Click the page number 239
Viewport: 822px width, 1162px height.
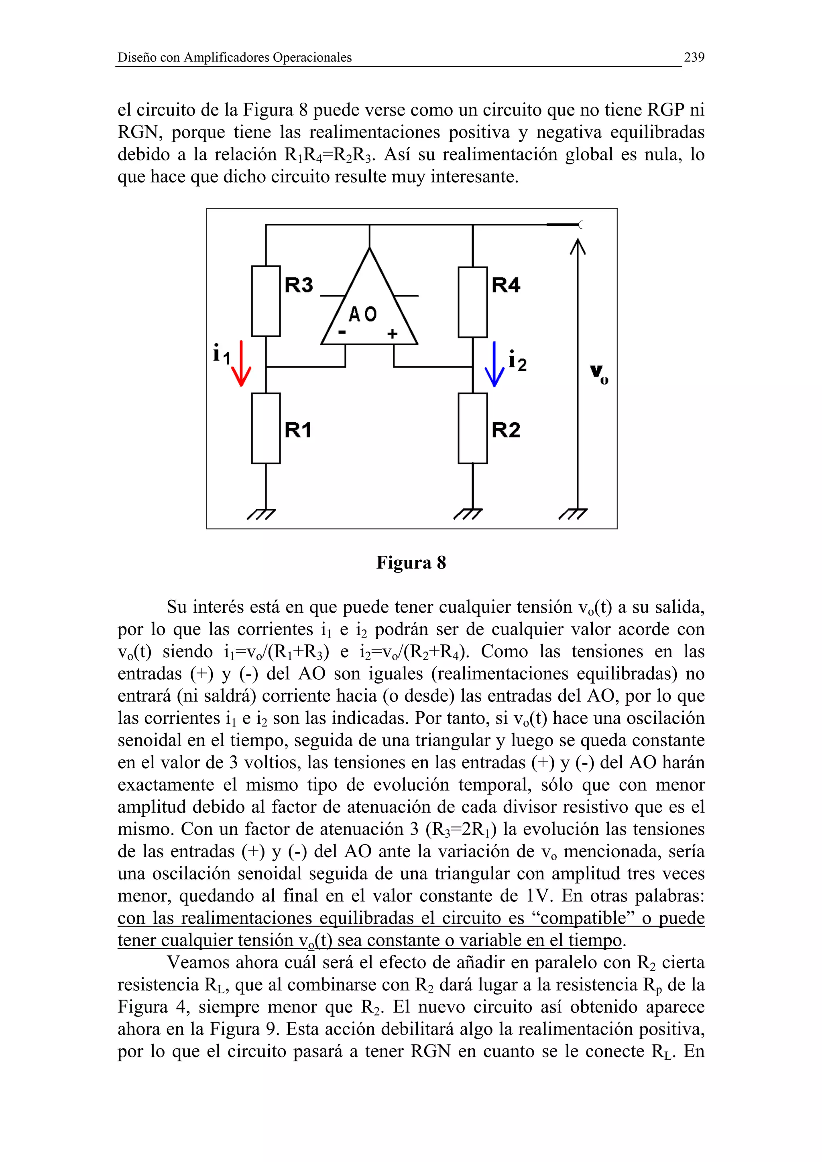coord(694,57)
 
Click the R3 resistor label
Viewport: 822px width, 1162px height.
coord(299,285)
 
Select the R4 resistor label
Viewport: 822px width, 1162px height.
coord(505,285)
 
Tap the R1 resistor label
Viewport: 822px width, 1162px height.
coord(298,430)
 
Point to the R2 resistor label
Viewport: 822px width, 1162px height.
coord(505,430)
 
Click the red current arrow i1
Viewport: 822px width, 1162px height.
coord(241,363)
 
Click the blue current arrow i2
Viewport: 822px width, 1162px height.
coord(494,364)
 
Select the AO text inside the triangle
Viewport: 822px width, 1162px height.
coord(362,314)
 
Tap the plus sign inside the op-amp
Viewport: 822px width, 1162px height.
coord(393,334)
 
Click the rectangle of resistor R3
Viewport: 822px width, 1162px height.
coord(266,301)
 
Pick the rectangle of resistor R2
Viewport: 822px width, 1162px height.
coord(472,428)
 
